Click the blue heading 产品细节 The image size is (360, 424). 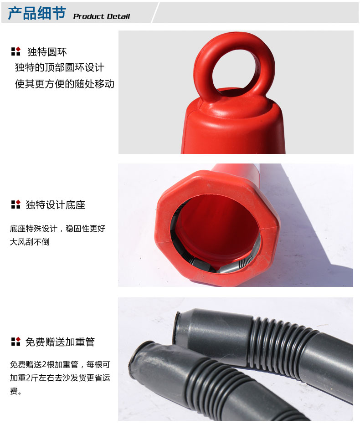click(x=37, y=13)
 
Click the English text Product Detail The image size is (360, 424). click(x=102, y=16)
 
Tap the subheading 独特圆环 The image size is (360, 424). click(x=47, y=52)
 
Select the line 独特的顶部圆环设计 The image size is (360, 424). click(x=60, y=67)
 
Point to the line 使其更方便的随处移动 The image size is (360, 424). click(x=65, y=84)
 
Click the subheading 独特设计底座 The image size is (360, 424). click(x=56, y=204)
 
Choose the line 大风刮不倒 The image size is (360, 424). click(x=30, y=241)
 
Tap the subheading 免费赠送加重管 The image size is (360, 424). click(x=60, y=342)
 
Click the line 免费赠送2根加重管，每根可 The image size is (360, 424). click(x=60, y=364)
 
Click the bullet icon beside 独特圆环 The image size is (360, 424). click(x=15, y=51)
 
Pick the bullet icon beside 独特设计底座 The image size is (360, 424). click(x=15, y=204)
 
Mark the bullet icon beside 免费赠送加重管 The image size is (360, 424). click(x=15, y=341)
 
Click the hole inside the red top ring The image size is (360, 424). click(x=237, y=71)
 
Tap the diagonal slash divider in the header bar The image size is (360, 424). click(x=155, y=12)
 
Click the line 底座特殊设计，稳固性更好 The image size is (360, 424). click(x=57, y=229)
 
